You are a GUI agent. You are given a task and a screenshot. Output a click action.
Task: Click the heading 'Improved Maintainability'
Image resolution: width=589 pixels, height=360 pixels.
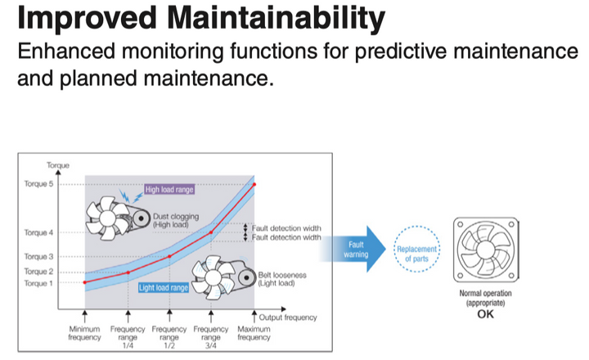[x=193, y=18]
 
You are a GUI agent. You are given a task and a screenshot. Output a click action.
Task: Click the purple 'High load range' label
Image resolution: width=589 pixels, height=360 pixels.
[x=170, y=189]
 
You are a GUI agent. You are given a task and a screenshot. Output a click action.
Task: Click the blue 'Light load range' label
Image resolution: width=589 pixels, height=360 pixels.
[x=164, y=288]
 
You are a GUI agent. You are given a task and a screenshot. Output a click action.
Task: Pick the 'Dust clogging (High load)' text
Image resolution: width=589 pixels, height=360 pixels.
[x=175, y=220]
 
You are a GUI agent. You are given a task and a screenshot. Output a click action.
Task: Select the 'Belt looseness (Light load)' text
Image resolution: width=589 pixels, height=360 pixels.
[x=281, y=279]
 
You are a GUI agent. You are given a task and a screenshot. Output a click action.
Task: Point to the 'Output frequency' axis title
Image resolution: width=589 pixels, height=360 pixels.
[x=287, y=317]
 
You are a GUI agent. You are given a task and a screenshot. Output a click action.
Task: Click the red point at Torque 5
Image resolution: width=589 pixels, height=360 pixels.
[x=254, y=184]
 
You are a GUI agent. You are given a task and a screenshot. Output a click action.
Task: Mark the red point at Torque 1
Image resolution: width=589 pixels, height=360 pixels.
[x=85, y=282]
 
